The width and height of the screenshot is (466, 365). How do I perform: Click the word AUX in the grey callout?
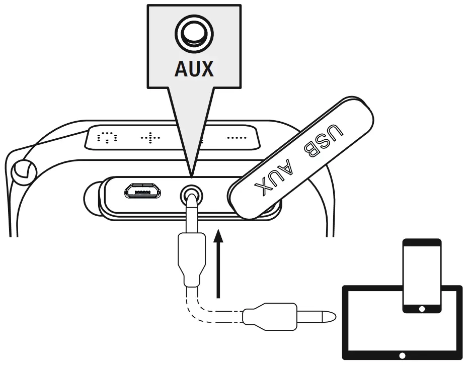pos(194,68)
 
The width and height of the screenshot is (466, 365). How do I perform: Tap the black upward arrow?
pos(218,261)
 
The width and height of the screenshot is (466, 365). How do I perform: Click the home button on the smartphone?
pos(422,308)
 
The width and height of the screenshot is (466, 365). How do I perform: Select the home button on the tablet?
pos(402,355)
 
